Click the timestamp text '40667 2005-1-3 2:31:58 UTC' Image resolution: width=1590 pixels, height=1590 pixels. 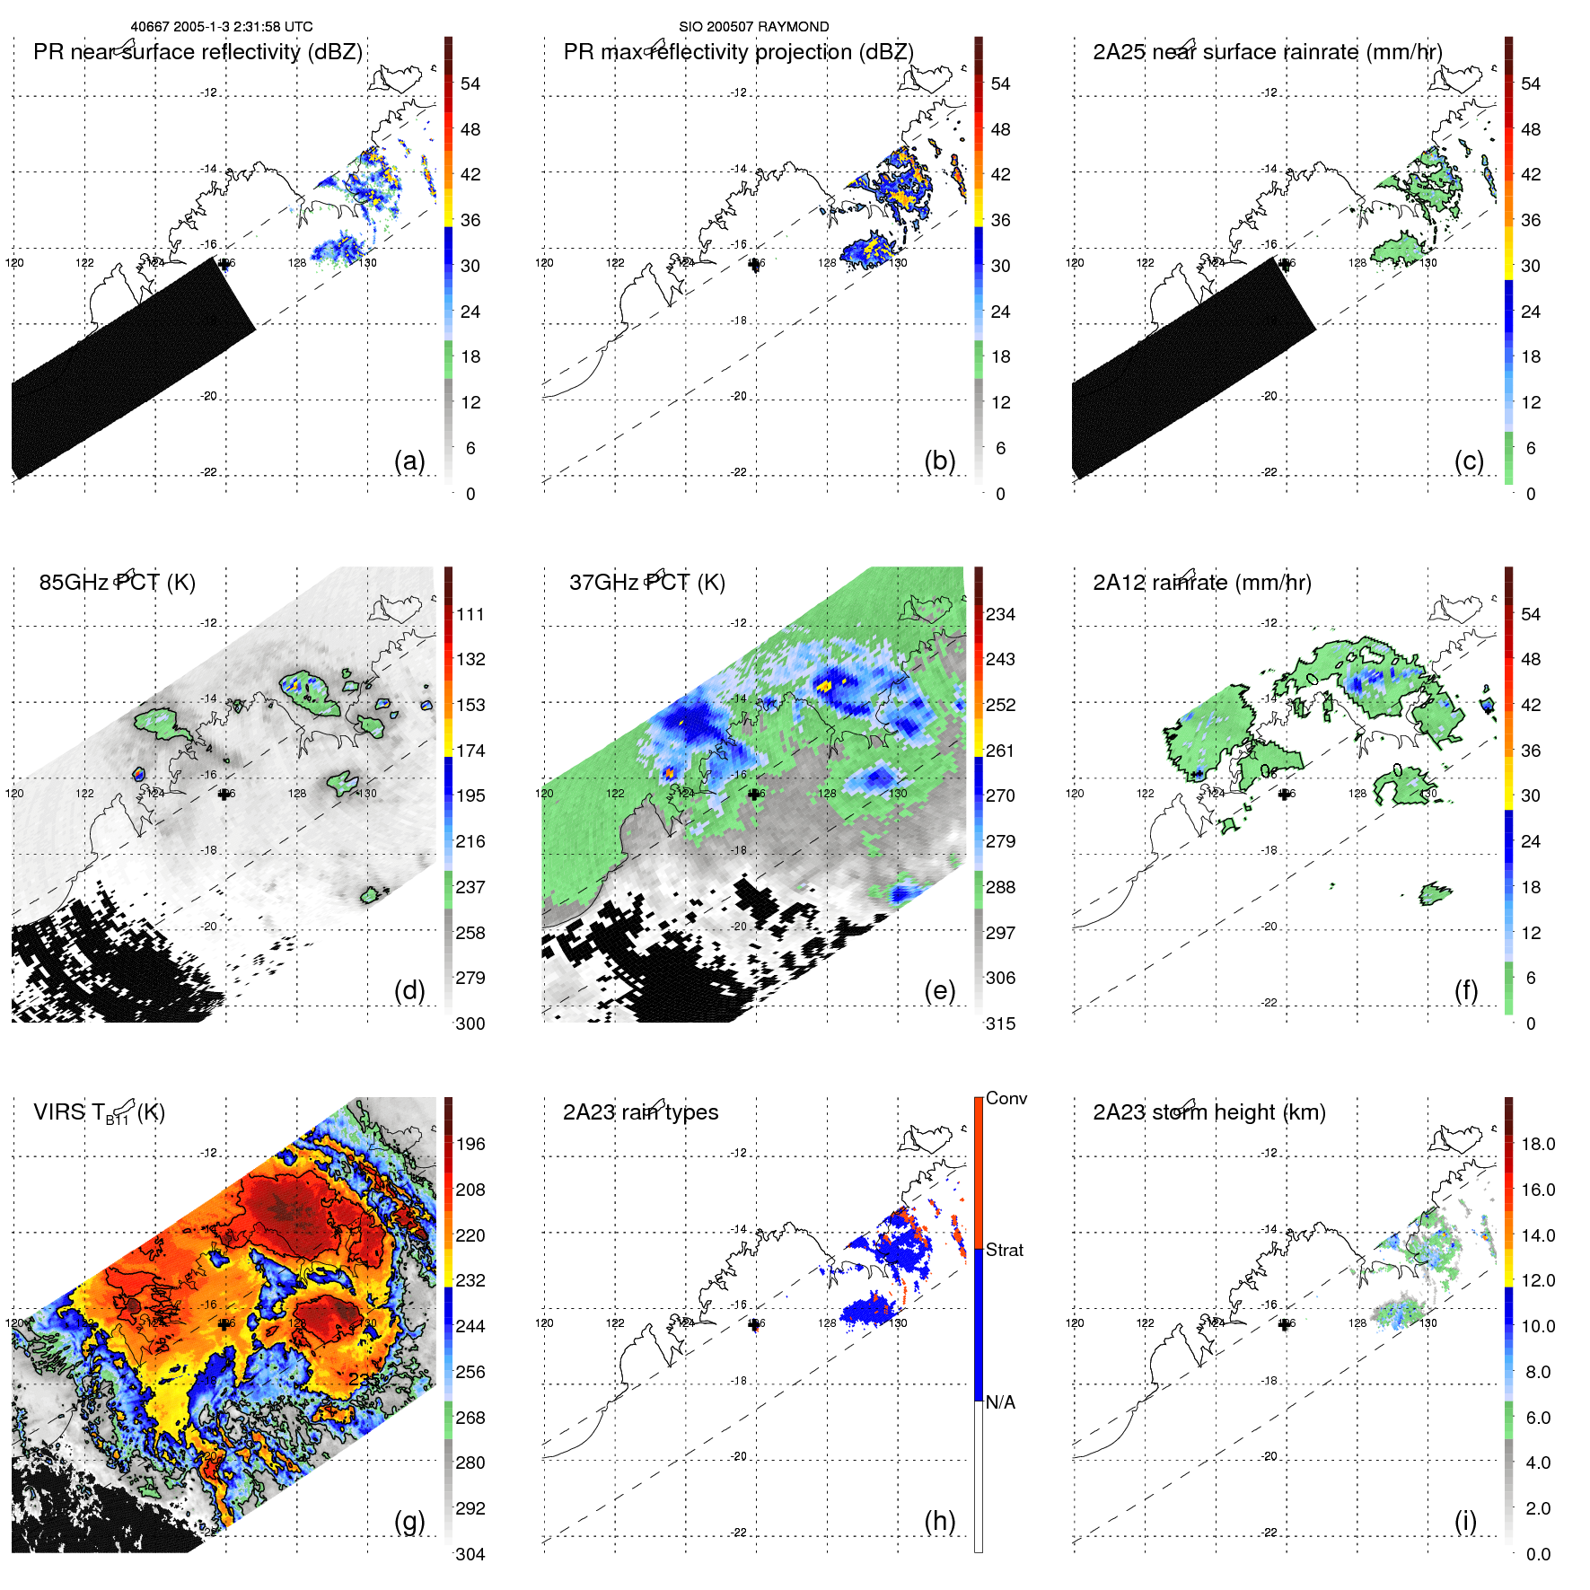point(222,27)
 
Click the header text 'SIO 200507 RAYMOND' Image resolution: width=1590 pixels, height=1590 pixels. point(753,27)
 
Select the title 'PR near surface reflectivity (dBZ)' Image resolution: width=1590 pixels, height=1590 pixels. point(198,52)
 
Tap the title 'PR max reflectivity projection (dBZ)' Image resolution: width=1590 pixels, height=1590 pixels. point(738,52)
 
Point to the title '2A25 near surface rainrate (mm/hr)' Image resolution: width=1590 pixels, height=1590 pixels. point(1267,52)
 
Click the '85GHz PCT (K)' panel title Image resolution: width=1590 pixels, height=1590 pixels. point(117,583)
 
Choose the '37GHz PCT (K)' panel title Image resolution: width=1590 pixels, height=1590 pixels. point(646,583)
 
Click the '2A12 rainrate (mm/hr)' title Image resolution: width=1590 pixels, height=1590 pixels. point(1201,583)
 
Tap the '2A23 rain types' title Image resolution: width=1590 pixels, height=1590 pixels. point(640,1112)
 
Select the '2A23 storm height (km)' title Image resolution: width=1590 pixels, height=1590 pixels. point(1208,1112)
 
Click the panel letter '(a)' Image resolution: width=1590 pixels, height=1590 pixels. point(409,461)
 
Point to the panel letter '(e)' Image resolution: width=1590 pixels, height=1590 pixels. point(939,990)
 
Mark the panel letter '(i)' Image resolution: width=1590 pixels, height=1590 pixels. point(1465,1521)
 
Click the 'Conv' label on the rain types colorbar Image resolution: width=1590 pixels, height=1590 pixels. point(1006,1098)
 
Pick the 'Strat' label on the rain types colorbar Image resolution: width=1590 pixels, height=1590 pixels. point(1004,1250)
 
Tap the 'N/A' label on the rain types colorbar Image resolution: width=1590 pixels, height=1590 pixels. point(1000,1402)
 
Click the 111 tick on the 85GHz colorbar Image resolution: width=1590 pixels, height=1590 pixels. point(470,614)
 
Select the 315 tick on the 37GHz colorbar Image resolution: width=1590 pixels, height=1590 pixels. point(1000,1023)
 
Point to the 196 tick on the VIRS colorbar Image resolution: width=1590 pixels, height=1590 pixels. point(470,1144)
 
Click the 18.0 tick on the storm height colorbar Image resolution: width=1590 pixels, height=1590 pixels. point(1537,1144)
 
